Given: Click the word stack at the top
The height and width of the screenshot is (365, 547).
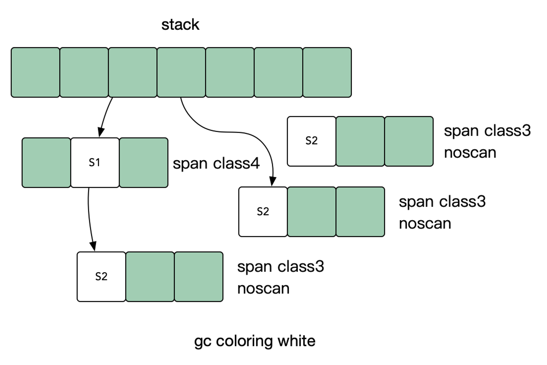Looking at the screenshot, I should pyautogui.click(x=180, y=25).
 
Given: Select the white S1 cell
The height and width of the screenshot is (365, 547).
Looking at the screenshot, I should pyautogui.click(x=95, y=162).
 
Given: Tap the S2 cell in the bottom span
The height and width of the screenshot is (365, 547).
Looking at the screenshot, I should pyautogui.click(x=101, y=276).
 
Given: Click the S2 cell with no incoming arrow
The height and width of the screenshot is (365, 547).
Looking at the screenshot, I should pyautogui.click(x=311, y=141).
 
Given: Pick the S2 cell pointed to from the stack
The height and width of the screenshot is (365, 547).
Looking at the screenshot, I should pyautogui.click(x=263, y=212).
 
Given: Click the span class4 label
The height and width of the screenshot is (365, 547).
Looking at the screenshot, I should pyautogui.click(x=216, y=163).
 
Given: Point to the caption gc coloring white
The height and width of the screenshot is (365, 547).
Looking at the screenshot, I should pyautogui.click(x=255, y=341).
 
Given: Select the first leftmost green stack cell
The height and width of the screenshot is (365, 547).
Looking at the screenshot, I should pyautogui.click(x=35, y=72).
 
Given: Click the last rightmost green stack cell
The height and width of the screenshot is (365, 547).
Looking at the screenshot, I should pyautogui.click(x=327, y=72).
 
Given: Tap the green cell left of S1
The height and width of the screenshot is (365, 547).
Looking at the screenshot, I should pyautogui.click(x=46, y=162).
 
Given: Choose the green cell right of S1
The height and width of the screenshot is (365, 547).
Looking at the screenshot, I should pyautogui.click(x=144, y=162).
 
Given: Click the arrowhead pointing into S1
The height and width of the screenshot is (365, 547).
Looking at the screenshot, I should pyautogui.click(x=101, y=133).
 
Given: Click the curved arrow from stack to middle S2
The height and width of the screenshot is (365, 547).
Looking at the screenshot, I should pyautogui.click(x=226, y=132).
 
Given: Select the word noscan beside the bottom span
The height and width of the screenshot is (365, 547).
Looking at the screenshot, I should pyautogui.click(x=263, y=289).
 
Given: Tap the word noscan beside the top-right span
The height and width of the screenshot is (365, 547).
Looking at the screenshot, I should pyautogui.click(x=470, y=153).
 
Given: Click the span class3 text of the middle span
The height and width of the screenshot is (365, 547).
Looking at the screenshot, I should pyautogui.click(x=442, y=202).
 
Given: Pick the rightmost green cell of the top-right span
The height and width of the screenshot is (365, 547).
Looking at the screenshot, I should pyautogui.click(x=409, y=141).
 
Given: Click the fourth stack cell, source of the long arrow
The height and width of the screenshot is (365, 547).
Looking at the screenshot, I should pyautogui.click(x=181, y=72).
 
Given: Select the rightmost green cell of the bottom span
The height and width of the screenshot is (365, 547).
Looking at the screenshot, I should pyautogui.click(x=199, y=276).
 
